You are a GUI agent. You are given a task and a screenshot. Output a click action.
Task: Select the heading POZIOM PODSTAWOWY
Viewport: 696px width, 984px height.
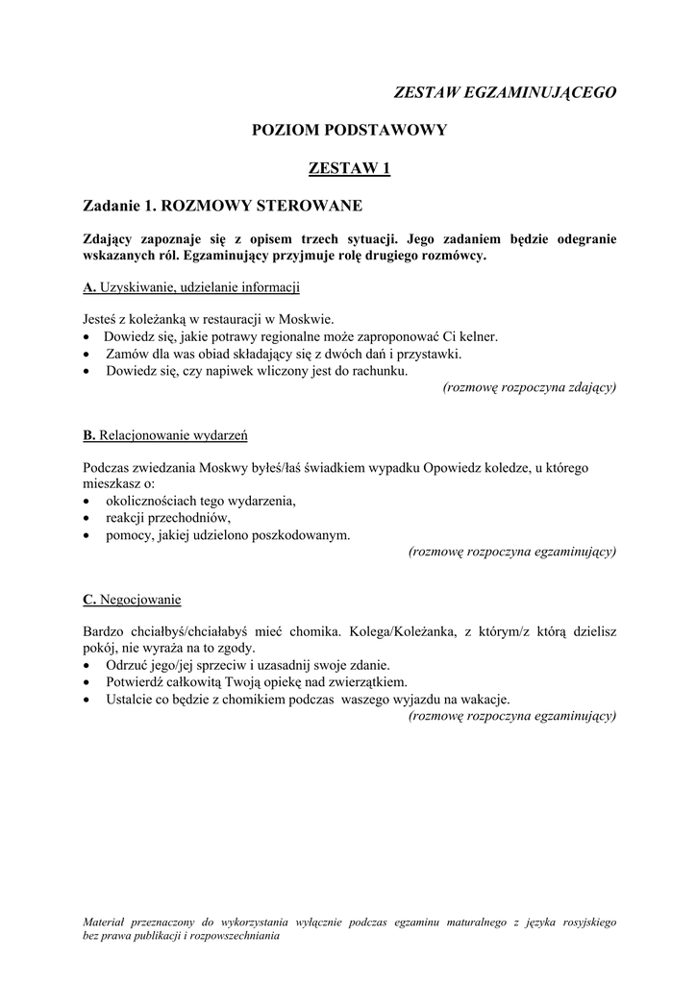(x=349, y=130)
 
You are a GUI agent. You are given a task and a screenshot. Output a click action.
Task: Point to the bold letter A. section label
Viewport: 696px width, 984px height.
(x=89, y=287)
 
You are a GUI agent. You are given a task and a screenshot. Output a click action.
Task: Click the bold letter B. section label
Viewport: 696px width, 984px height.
(x=89, y=435)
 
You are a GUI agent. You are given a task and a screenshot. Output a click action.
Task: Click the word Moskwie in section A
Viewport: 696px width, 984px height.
(x=309, y=319)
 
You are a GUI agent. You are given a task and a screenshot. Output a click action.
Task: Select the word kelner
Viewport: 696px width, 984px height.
(x=476, y=336)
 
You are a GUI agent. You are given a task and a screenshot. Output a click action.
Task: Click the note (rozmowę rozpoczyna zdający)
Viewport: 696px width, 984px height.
(x=529, y=387)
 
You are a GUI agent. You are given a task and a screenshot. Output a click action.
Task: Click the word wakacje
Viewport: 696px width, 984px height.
(x=485, y=699)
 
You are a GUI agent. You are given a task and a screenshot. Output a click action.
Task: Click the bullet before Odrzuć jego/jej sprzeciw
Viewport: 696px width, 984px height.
(x=88, y=665)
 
